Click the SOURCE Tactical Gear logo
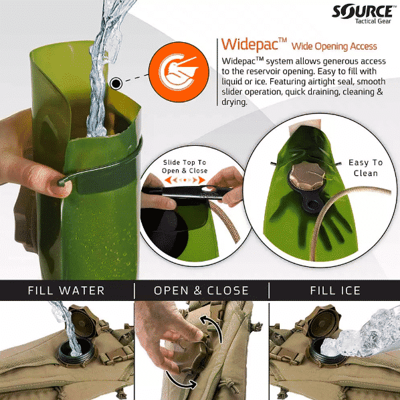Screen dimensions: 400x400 (363, 14)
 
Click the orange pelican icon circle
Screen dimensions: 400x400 (179, 72)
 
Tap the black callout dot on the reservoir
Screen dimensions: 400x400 (116, 84)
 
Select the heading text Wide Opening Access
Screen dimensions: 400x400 (334, 46)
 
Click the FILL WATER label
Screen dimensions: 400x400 (66, 290)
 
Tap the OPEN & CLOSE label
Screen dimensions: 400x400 (201, 290)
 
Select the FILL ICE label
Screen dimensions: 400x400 (335, 290)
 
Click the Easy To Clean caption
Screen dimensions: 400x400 (366, 168)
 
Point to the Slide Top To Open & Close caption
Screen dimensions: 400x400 (185, 167)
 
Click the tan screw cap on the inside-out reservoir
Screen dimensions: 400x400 (308, 175)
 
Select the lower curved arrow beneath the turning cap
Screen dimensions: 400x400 (179, 381)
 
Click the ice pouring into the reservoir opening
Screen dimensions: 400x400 (357, 334)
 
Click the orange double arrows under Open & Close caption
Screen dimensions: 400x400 (185, 180)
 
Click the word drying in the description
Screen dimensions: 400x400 (234, 102)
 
